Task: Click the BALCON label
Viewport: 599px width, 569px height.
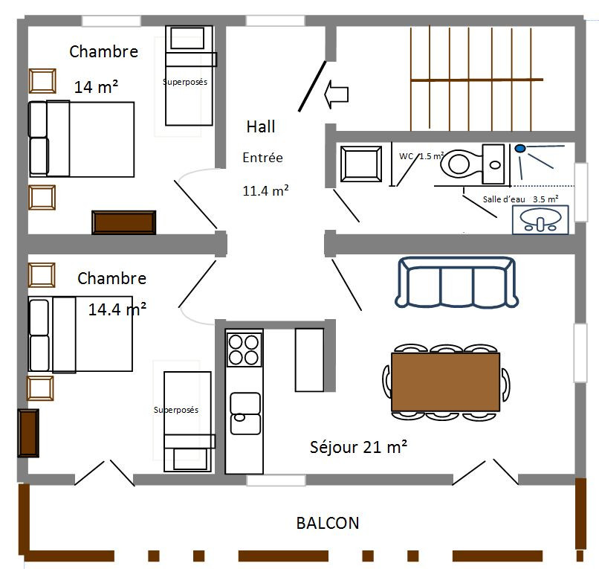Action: (x=328, y=523)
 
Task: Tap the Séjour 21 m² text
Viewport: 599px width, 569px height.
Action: (x=358, y=447)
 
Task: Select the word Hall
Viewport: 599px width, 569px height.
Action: (x=261, y=126)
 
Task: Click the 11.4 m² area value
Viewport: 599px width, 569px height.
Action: (x=265, y=190)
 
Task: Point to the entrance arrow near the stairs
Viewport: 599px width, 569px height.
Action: (x=336, y=94)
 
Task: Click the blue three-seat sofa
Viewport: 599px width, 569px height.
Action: (x=456, y=282)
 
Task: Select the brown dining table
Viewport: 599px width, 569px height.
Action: (x=445, y=382)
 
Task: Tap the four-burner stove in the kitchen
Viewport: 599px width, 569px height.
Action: (x=244, y=350)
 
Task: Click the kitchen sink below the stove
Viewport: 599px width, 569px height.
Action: (x=245, y=414)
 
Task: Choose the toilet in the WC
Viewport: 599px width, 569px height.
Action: (x=473, y=164)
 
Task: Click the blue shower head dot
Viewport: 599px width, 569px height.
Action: (x=520, y=148)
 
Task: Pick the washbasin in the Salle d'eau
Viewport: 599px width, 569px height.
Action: (x=540, y=220)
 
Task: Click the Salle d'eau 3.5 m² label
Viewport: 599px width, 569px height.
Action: (x=521, y=199)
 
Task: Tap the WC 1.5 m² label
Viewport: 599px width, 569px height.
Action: (x=421, y=156)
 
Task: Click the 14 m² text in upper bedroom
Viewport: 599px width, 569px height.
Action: (x=96, y=87)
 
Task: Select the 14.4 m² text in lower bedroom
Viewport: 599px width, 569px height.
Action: (x=117, y=309)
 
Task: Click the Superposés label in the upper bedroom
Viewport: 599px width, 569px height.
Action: (x=185, y=82)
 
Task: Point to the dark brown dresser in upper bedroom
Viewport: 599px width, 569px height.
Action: (x=124, y=222)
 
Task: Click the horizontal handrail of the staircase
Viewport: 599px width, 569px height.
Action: (x=477, y=80)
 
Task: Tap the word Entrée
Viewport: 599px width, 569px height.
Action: (x=263, y=158)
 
